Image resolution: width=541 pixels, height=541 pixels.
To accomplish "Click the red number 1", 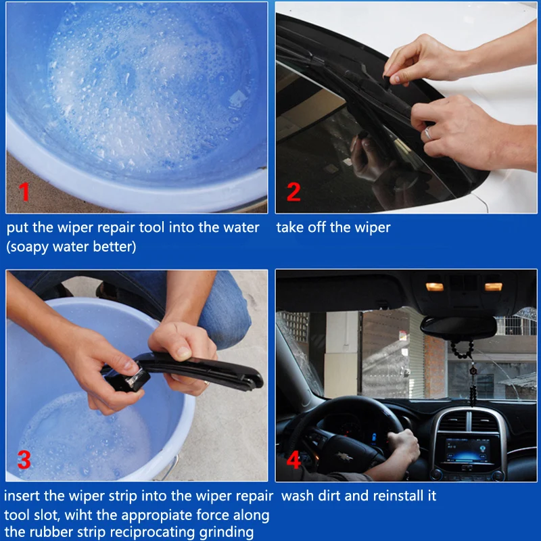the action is click(24, 191).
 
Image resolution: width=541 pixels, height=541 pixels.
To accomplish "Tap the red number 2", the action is click(293, 191).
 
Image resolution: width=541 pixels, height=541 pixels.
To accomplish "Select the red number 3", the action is click(24, 459).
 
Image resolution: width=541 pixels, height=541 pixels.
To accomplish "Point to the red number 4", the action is click(293, 459).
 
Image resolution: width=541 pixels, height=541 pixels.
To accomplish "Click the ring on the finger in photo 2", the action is click(428, 133).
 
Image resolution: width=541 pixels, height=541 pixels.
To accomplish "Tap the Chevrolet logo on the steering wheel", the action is click(345, 457).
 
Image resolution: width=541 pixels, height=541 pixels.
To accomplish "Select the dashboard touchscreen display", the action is click(467, 450).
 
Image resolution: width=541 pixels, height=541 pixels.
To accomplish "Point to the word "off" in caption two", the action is click(317, 227).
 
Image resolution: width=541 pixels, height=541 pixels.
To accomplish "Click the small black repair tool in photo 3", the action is click(128, 380).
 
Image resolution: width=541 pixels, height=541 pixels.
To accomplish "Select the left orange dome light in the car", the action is click(434, 287).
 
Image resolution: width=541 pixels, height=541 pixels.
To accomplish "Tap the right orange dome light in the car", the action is click(494, 287).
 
